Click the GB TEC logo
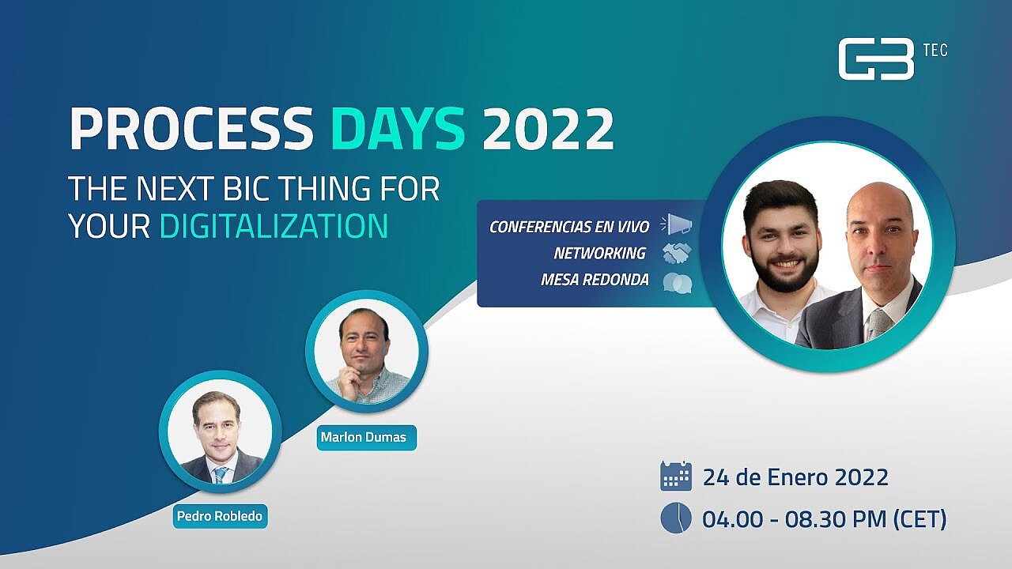click(x=893, y=58)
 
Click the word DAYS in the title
click(x=398, y=128)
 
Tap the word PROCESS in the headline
click(x=191, y=128)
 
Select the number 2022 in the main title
click(x=548, y=128)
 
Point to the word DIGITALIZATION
click(x=274, y=226)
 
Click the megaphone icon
click(x=676, y=224)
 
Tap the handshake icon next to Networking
click(x=677, y=253)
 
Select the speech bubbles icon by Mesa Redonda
click(x=678, y=283)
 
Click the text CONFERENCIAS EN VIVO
click(x=569, y=227)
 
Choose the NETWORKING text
click(x=600, y=254)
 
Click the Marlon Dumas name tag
click(x=366, y=437)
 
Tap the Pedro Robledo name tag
click(x=220, y=516)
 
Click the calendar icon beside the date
click(x=676, y=476)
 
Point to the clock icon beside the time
click(x=676, y=518)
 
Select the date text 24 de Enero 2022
click(x=795, y=477)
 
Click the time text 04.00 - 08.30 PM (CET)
click(x=824, y=519)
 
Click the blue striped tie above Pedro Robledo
click(x=220, y=475)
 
